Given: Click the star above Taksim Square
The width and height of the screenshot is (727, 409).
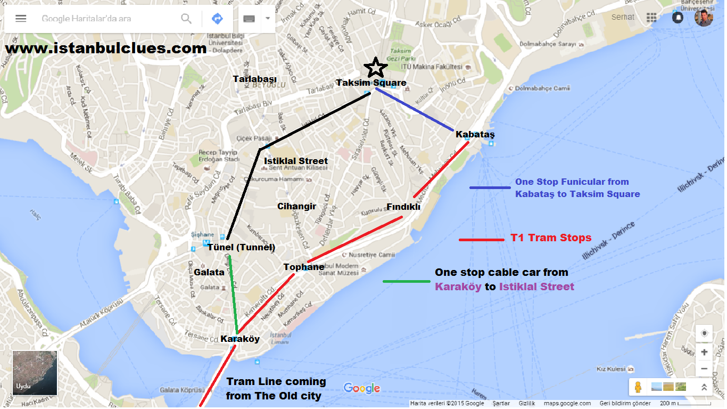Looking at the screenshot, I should [376, 68].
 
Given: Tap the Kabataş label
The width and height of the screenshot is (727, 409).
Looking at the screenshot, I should [475, 134].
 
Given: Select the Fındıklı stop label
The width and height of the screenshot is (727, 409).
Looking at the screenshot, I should [403, 207].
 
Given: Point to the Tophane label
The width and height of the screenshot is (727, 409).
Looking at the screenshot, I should [304, 267].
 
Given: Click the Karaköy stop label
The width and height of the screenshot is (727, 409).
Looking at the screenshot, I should [240, 339].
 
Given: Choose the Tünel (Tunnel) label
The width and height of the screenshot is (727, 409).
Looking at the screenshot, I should [241, 247].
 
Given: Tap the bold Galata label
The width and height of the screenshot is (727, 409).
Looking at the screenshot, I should [209, 272].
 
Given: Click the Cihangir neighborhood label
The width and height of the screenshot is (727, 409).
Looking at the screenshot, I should [297, 206].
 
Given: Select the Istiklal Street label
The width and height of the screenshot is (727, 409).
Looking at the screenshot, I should [296, 161].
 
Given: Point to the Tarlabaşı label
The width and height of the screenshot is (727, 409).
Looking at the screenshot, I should [255, 79].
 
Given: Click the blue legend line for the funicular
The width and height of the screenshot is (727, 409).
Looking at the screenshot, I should [490, 187].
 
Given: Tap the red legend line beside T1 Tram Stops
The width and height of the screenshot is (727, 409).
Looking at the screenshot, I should [481, 240].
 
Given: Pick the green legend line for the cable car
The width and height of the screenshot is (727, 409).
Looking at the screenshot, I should [407, 281].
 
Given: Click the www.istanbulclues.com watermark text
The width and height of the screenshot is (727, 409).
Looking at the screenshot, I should [106, 48].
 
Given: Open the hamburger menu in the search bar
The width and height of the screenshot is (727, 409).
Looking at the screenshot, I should [21, 19].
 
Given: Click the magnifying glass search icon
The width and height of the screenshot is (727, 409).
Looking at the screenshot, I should [186, 19].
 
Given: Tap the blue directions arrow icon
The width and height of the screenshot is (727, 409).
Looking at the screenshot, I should [217, 19].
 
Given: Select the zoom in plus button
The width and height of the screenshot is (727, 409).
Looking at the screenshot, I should [704, 352].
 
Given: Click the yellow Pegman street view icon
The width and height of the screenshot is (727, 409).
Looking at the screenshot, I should [638, 387].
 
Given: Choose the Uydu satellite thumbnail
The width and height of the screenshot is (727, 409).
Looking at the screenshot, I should [35, 373].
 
